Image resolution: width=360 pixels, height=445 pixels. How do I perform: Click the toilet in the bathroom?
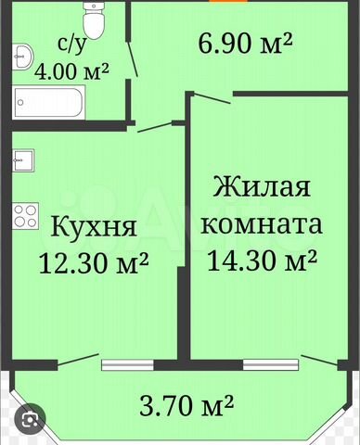94,21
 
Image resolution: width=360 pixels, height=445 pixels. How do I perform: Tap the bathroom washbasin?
23,56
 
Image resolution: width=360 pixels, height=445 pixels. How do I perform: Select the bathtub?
49,102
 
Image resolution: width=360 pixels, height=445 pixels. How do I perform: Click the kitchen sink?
23,160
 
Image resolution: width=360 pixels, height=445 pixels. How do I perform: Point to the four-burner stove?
25,216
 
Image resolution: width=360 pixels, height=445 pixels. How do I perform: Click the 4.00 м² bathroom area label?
71,71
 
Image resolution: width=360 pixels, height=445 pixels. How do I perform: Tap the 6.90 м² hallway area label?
245,44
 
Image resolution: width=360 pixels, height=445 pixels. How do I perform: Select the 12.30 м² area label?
94,262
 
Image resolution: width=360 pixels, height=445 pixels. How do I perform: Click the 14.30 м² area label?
262,261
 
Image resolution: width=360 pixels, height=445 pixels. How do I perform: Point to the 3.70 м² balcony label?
186,405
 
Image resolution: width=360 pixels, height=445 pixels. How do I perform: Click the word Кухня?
94,226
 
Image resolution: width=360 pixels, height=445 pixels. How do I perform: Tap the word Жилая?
262,186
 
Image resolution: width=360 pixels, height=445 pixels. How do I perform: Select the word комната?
262,224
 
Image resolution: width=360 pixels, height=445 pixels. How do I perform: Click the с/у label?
71,45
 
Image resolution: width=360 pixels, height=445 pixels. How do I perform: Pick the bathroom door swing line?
133,57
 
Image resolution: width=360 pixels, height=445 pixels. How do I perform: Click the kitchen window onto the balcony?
128,364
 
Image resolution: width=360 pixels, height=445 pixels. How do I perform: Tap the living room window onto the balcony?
271,364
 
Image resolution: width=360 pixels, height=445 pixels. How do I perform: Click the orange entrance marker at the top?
228,1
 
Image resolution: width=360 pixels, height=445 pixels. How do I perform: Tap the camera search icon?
30,419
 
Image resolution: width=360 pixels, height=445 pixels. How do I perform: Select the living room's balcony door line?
319,361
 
